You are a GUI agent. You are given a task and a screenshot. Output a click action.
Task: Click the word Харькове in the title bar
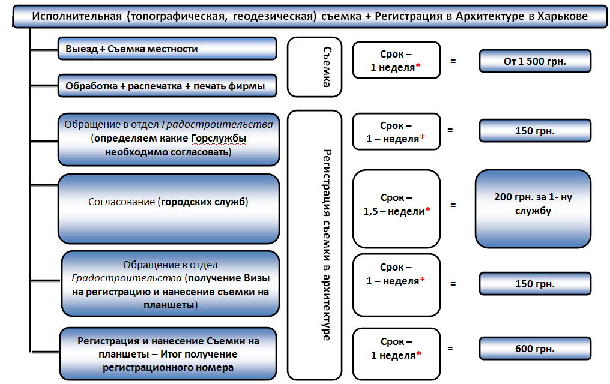pyautogui.click(x=562, y=16)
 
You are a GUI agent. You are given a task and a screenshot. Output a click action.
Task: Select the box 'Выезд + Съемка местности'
pyautogui.click(x=168, y=49)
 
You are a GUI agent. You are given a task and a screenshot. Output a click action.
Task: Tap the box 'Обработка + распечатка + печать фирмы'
pyautogui.click(x=168, y=86)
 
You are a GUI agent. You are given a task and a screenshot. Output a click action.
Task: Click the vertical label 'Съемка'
pyautogui.click(x=327, y=67)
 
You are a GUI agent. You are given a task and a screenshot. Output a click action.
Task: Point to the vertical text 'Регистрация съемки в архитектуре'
pyautogui.click(x=327, y=245)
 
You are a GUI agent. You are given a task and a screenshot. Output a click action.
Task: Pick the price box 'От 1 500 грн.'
pyautogui.click(x=535, y=61)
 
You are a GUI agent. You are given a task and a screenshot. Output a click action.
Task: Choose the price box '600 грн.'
pyautogui.click(x=535, y=349)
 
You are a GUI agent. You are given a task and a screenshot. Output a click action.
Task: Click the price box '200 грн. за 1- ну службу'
pyautogui.click(x=533, y=209)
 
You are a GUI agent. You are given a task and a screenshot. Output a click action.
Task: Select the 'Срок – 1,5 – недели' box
pyautogui.click(x=396, y=209)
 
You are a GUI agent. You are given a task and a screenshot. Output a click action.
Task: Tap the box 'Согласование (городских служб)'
pyautogui.click(x=169, y=209)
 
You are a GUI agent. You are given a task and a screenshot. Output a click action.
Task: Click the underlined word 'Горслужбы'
pyautogui.click(x=219, y=139)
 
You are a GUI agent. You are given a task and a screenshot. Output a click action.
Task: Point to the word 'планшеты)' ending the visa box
pyautogui.click(x=171, y=305)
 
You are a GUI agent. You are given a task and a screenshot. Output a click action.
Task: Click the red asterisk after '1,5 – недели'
pyautogui.click(x=428, y=210)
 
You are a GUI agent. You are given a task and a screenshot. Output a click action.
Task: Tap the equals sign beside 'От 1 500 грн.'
pyautogui.click(x=453, y=61)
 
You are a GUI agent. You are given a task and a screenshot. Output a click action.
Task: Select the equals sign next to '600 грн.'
pyautogui.click(x=450, y=349)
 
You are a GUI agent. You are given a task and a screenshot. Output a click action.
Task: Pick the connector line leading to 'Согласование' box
pyautogui.click(x=44, y=185)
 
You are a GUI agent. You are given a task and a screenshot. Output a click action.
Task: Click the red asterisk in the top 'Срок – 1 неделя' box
pyautogui.click(x=418, y=66)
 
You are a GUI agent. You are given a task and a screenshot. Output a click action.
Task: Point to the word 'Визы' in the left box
pyautogui.click(x=256, y=278)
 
